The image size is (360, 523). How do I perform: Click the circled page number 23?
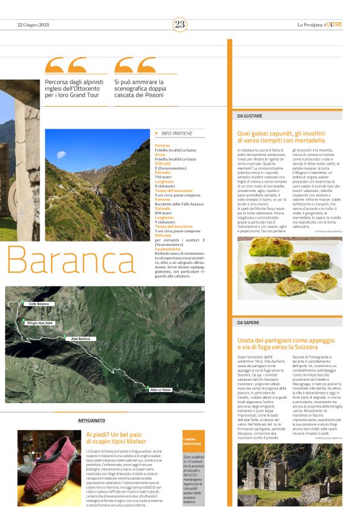click(180, 25)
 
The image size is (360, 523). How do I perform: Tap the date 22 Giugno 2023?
click(33, 25)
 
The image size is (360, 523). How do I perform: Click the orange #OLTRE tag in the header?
click(332, 25)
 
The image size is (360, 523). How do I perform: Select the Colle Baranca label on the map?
click(38, 304)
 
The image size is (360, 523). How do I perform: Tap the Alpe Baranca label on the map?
click(80, 339)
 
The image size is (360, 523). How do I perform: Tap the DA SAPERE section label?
click(248, 323)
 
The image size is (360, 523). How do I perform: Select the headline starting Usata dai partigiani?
click(288, 344)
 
